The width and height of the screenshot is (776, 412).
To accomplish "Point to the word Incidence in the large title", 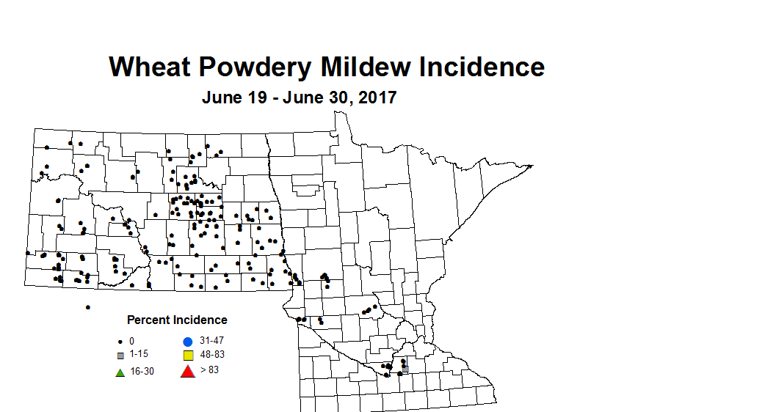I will pos(482,67).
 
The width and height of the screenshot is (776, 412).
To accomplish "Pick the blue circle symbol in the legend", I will pos(187,342).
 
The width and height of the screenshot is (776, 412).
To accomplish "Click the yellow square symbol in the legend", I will pos(187,356).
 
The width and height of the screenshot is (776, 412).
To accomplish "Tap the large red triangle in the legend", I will pos(187,371).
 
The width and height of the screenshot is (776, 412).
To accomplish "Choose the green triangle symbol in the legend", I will pos(120,372).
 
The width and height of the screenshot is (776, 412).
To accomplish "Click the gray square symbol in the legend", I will pos(120,356).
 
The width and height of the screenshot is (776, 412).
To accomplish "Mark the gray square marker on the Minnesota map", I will pos(405,368).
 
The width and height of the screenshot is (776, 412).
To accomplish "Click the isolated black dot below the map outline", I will pos(87,307).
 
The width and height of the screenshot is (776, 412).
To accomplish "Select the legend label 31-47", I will pos(211,341).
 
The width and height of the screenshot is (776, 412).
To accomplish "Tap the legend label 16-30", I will pos(142,371).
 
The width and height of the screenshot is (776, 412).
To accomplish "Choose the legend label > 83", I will pos(209,370).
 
